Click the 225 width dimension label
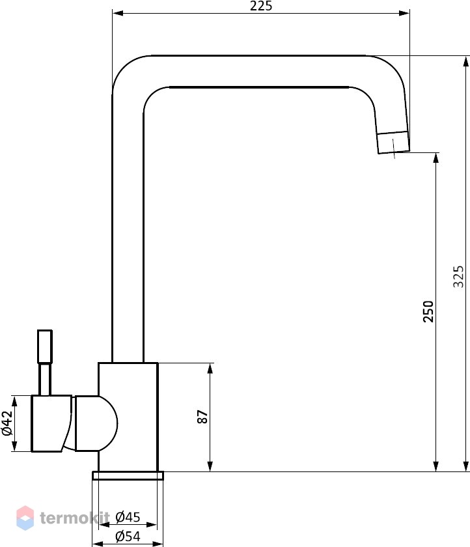pyautogui.click(x=261, y=6)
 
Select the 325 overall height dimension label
pyautogui.click(x=458, y=277)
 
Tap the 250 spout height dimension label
pyautogui.click(x=428, y=311)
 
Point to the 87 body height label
pyautogui.click(x=202, y=417)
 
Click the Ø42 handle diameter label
pyautogui.click(x=7, y=423)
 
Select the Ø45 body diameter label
pyautogui.click(x=128, y=517)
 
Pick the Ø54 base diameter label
pyautogui.click(x=128, y=536)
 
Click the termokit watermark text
pyautogui.click(x=75, y=518)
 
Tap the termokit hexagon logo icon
pyautogui.click(x=25, y=518)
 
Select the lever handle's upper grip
pyautogui.click(x=45, y=346)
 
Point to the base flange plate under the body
pyautogui.click(x=128, y=475)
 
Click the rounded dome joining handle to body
pyautogui.click(x=96, y=423)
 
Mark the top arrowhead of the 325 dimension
pyautogui.click(x=466, y=61)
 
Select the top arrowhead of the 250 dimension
pyautogui.click(x=436, y=158)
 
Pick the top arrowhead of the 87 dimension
pyautogui.click(x=210, y=369)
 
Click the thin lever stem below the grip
pyautogui.click(x=45, y=380)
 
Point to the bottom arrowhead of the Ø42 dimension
pyautogui.click(x=14, y=446)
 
